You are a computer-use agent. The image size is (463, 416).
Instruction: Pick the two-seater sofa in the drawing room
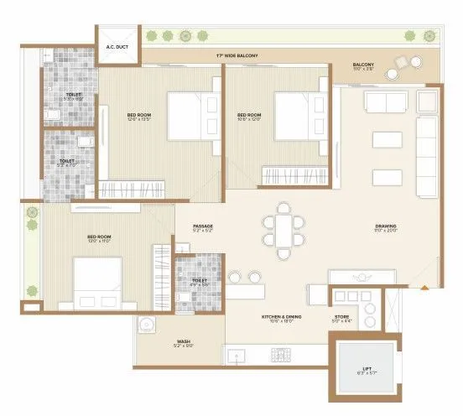click(x=384, y=103)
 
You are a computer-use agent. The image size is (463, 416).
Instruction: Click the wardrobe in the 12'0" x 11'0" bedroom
click(x=163, y=275)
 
